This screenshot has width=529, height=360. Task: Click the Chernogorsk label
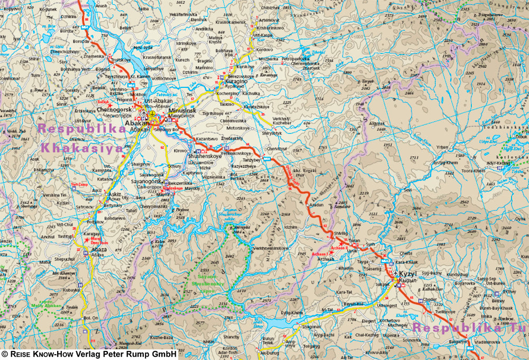coord(114,110)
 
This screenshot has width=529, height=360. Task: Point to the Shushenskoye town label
coord(204,157)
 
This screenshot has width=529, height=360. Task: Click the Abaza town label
coord(99,250)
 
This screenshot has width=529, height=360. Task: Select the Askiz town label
coord(115,194)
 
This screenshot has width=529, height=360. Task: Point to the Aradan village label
coord(316,204)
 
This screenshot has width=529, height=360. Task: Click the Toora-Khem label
coord(472,171)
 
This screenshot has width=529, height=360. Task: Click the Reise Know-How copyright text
coord(89,354)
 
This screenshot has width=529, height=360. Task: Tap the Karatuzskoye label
coord(256,105)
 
